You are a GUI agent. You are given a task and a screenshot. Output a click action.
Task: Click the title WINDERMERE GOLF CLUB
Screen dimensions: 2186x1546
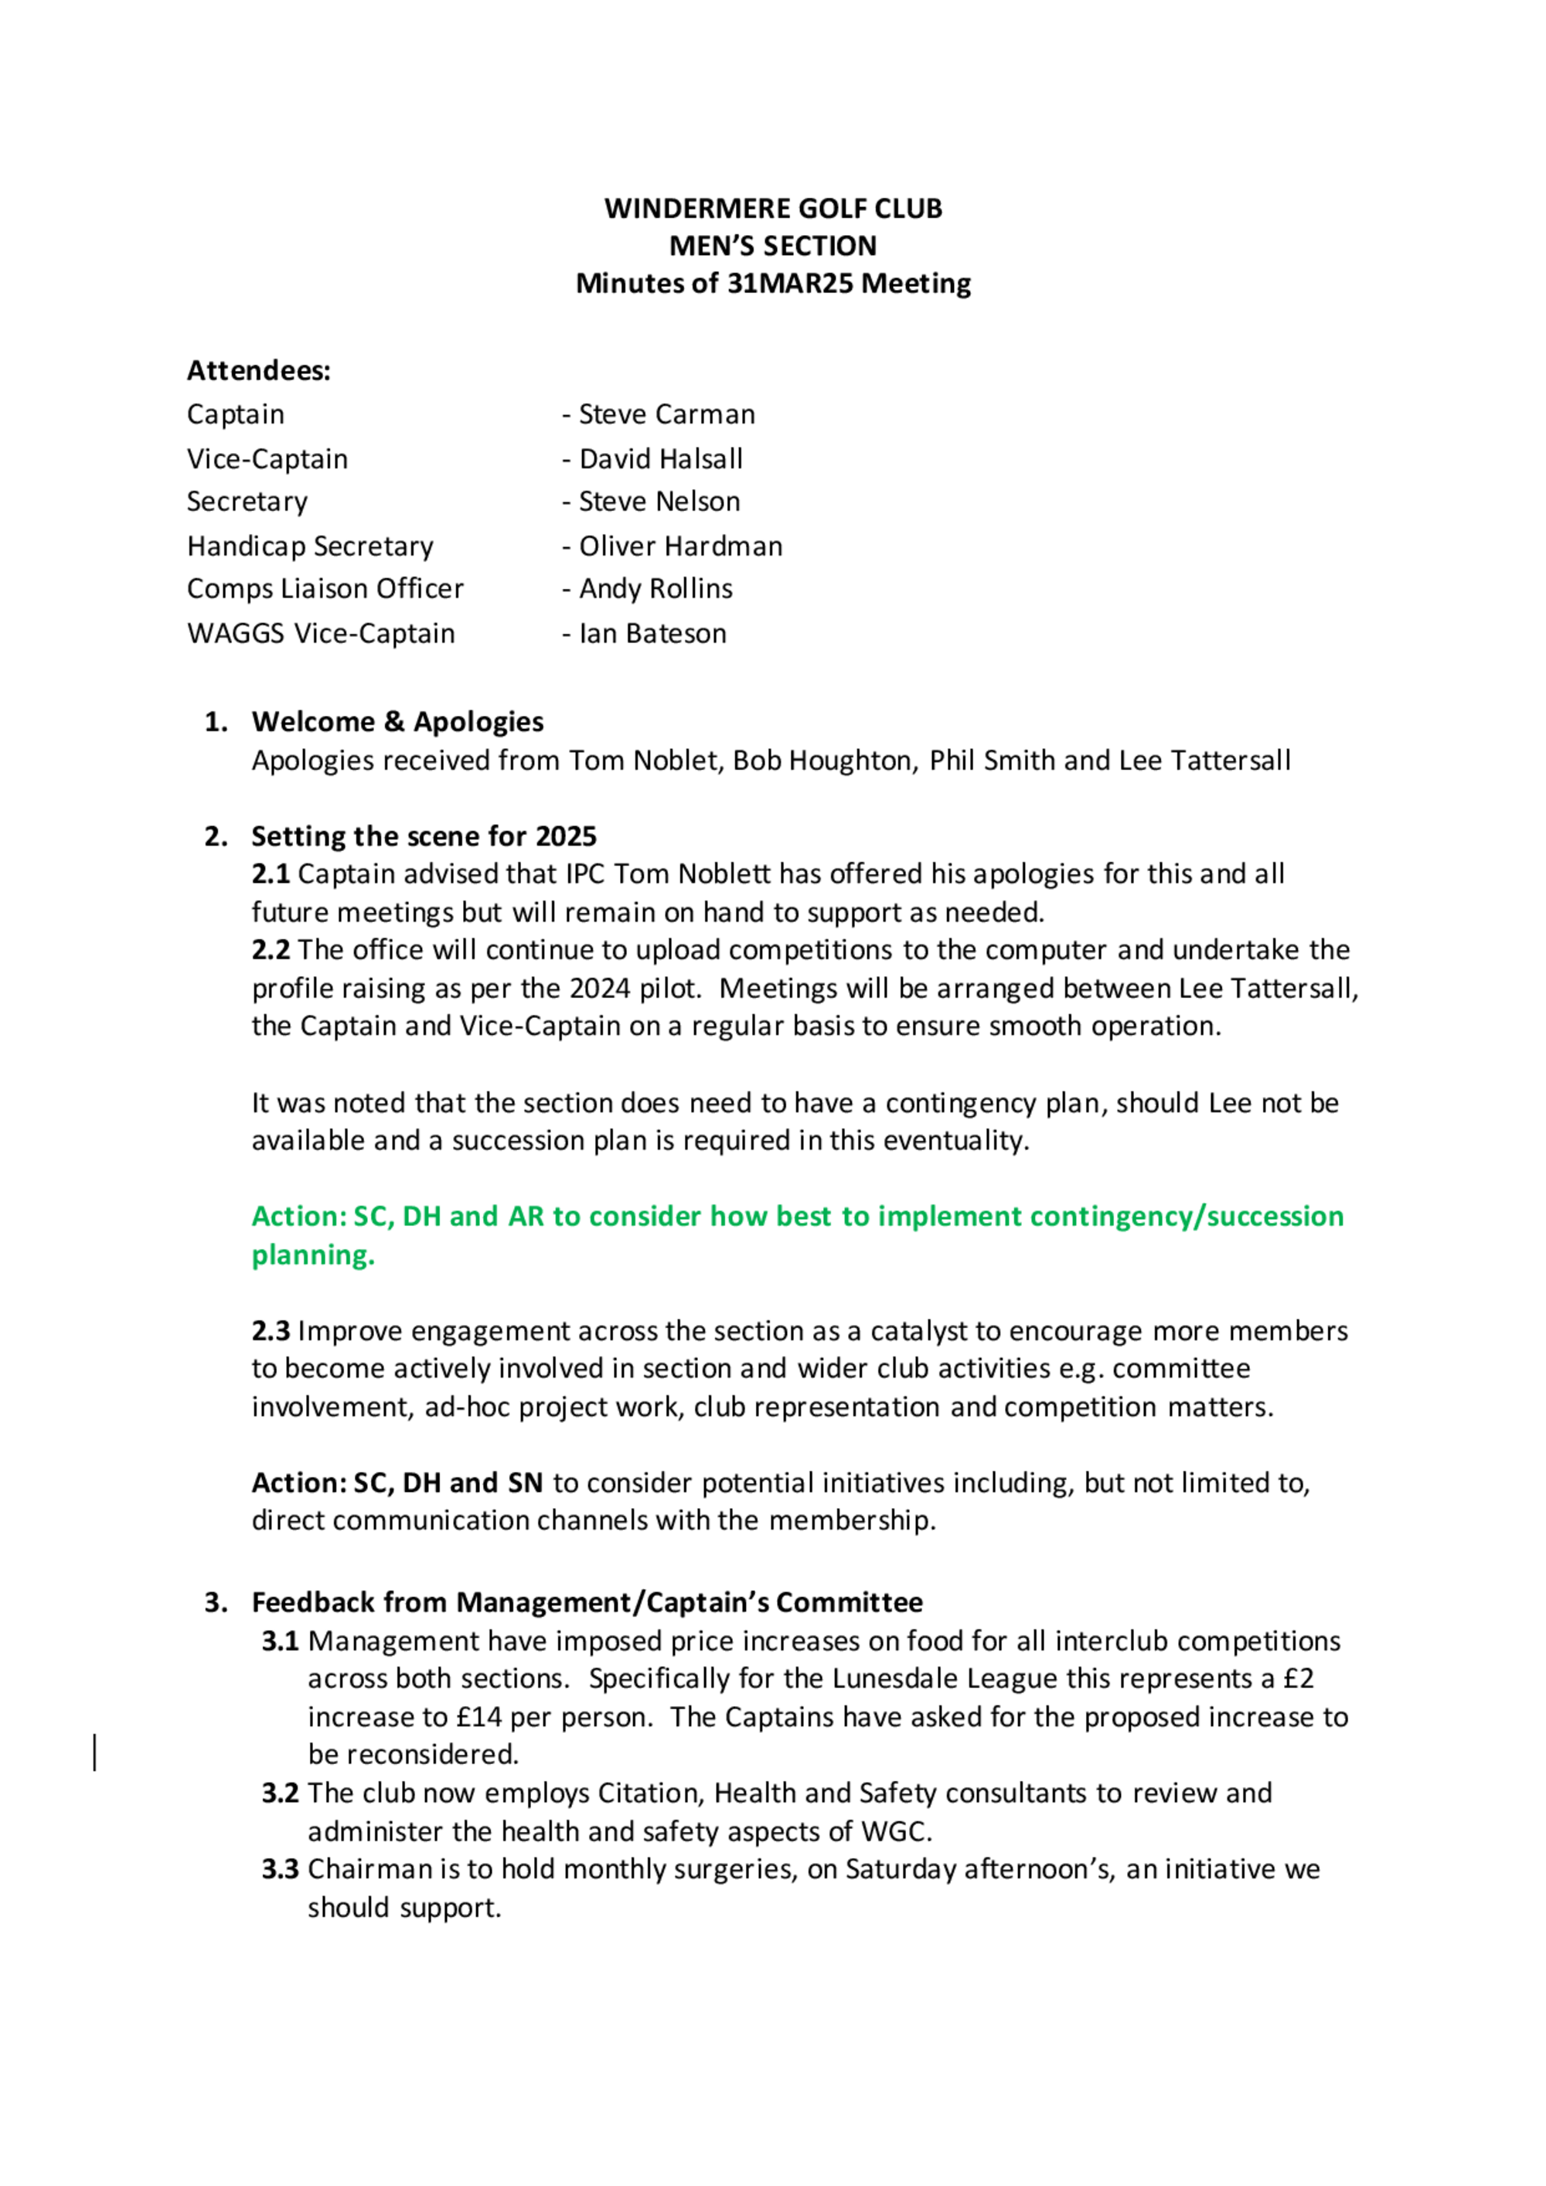(773, 209)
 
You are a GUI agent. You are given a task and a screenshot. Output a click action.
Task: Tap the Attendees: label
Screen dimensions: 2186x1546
(259, 370)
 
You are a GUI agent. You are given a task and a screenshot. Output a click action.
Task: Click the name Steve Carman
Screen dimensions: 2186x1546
(666, 414)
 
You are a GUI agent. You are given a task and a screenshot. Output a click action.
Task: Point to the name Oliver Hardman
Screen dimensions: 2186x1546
(681, 546)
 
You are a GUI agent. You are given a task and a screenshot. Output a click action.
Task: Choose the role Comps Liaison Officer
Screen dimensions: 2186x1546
(325, 588)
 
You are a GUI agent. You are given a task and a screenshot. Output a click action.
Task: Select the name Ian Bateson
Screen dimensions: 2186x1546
(652, 633)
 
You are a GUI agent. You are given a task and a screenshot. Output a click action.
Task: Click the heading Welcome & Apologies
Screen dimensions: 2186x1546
(397, 722)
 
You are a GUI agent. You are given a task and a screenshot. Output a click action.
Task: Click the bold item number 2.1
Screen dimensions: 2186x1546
(271, 874)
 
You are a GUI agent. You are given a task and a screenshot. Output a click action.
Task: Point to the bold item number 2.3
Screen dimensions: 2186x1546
(271, 1331)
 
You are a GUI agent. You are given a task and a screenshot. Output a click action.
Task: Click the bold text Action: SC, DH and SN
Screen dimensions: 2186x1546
(397, 1483)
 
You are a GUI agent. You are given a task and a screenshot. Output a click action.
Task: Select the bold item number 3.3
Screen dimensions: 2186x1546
(281, 1869)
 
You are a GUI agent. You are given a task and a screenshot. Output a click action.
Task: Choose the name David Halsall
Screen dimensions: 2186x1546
(661, 459)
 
